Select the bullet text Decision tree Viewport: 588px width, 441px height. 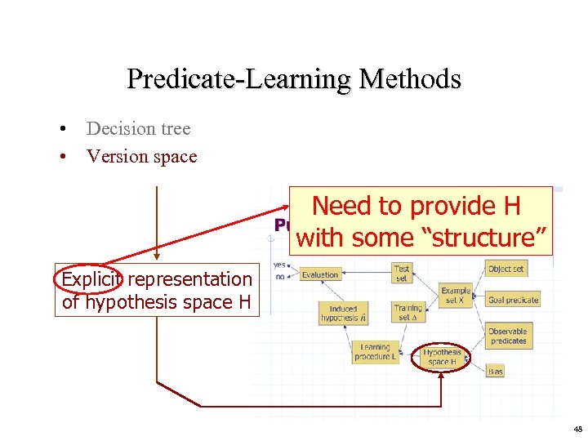click(x=138, y=128)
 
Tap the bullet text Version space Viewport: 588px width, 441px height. click(x=141, y=156)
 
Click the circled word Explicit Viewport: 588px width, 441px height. click(x=90, y=279)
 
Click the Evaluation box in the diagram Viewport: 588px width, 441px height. click(x=320, y=275)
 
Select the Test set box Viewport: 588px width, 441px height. click(x=402, y=273)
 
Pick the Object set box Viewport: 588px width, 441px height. click(x=506, y=269)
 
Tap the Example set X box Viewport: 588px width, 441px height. click(x=456, y=295)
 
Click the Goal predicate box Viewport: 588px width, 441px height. click(x=513, y=300)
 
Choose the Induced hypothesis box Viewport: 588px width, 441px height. click(x=343, y=314)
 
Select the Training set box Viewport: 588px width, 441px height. click(x=408, y=313)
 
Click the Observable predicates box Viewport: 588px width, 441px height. click(x=509, y=336)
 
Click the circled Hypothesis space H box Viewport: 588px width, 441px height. click(x=443, y=357)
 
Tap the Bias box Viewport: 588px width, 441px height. click(x=496, y=371)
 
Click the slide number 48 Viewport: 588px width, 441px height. click(x=577, y=429)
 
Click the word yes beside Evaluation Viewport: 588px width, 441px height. click(x=280, y=265)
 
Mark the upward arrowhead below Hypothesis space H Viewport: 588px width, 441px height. click(x=441, y=376)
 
